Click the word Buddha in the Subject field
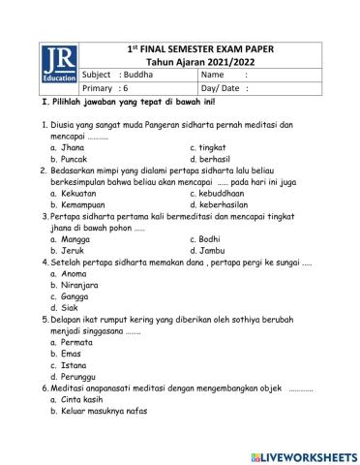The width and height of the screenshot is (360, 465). tap(140, 74)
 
